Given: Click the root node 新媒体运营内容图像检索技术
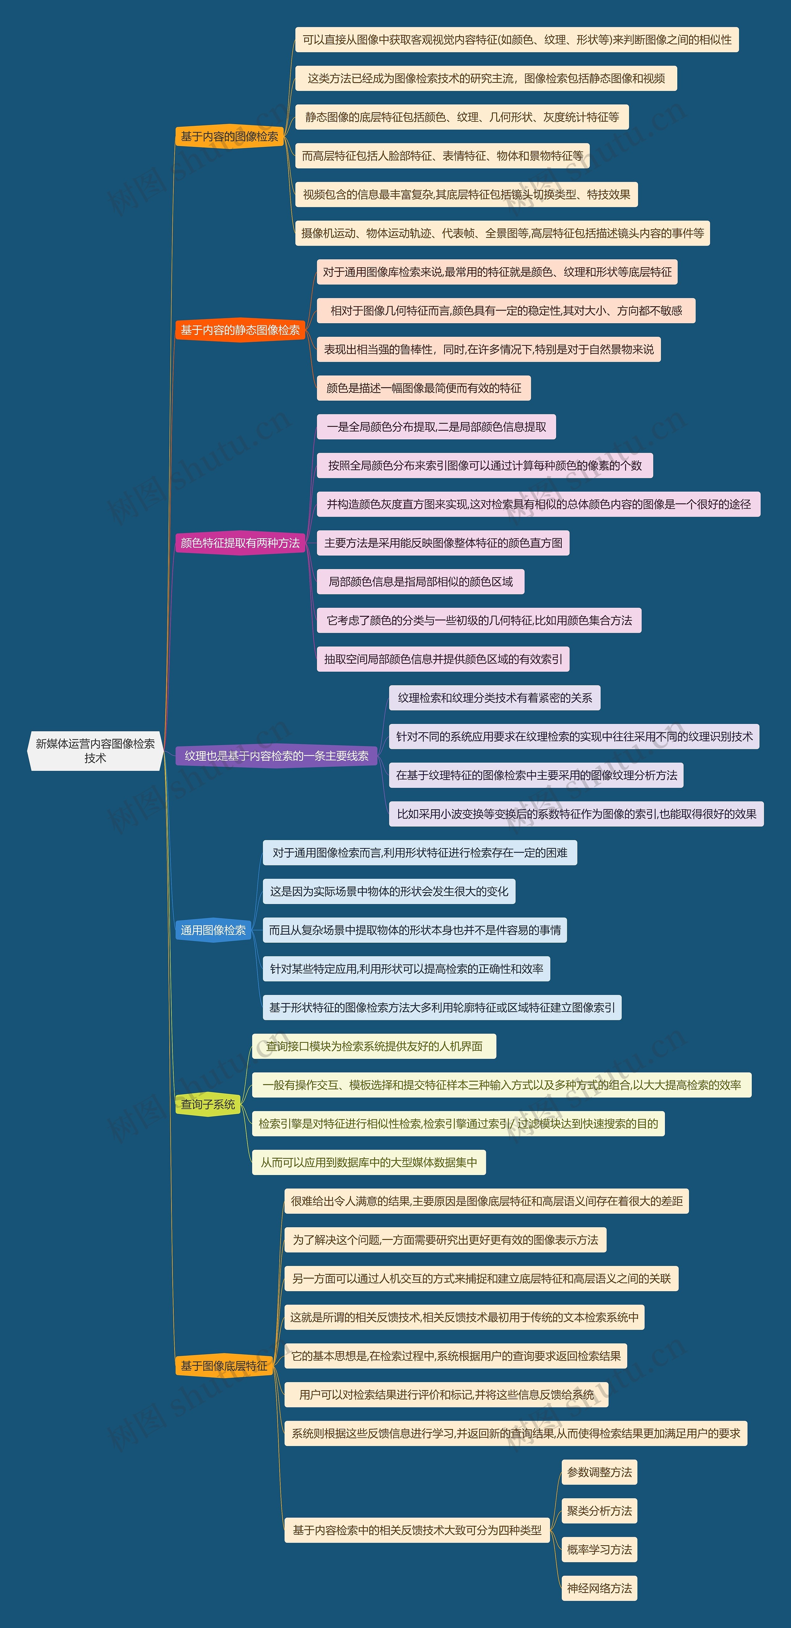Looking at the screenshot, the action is (x=95, y=751).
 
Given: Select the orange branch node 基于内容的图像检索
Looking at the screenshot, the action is (x=229, y=137).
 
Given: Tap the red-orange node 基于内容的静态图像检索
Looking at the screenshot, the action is (x=240, y=330).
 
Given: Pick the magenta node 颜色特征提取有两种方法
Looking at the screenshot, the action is (x=240, y=543).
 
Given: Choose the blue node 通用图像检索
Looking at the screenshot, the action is (x=214, y=930).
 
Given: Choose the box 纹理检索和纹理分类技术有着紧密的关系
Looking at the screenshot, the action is (x=495, y=698).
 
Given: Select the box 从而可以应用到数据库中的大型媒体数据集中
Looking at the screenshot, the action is (x=369, y=1162).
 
